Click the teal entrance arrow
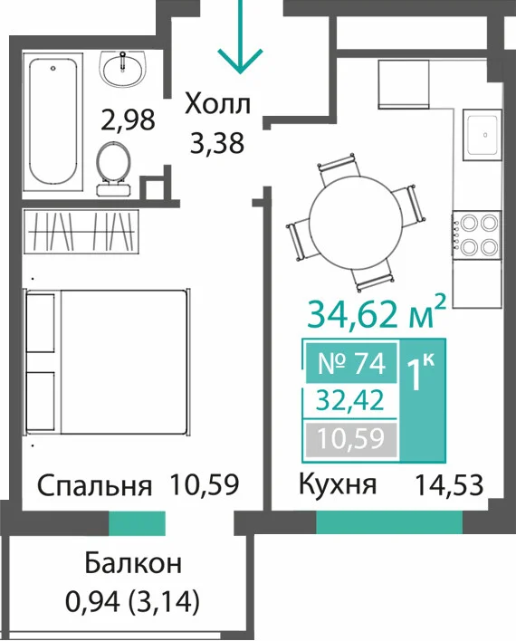(240, 37)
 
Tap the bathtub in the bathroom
(53, 121)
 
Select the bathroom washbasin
(122, 69)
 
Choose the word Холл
(217, 105)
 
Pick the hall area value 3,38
(217, 143)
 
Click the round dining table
(356, 224)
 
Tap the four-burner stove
(477, 234)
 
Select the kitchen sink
(483, 135)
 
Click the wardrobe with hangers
(81, 231)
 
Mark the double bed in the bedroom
(108, 362)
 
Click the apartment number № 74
(351, 363)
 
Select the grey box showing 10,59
(351, 439)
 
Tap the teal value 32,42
(351, 400)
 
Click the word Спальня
(94, 486)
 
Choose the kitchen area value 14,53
(449, 485)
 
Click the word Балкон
(133, 564)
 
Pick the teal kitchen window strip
(389, 523)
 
